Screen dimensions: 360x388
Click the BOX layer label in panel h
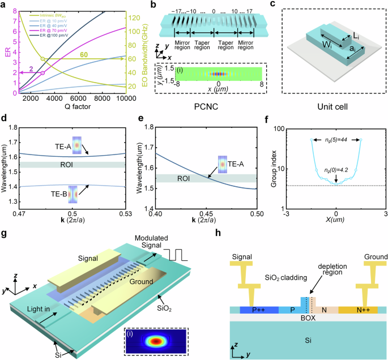tap(308, 318)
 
